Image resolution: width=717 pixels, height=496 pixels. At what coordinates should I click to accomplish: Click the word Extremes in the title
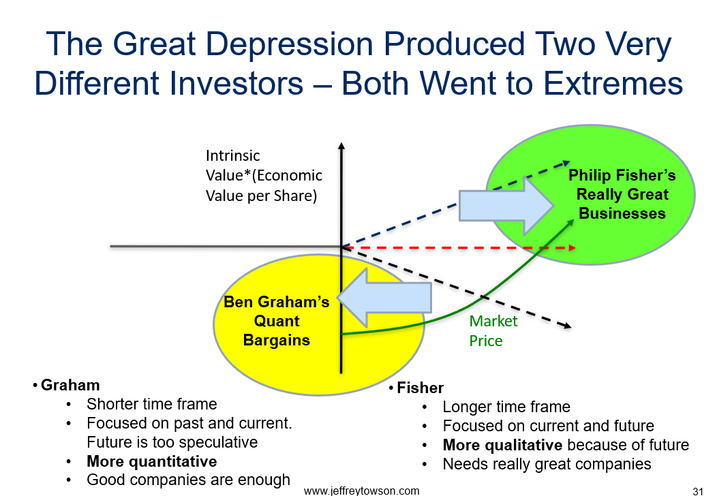pos(613,84)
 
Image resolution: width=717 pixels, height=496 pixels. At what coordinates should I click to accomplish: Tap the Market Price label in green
pos(493,331)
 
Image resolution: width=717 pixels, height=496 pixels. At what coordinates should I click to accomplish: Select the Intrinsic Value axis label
pos(264,176)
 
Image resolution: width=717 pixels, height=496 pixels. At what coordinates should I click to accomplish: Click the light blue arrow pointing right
pos(506,206)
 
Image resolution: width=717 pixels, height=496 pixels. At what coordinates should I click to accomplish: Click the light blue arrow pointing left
pos(384,298)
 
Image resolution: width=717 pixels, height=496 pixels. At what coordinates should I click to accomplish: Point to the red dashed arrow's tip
pos(575,248)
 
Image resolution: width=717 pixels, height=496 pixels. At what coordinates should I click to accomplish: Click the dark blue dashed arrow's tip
pos(570,161)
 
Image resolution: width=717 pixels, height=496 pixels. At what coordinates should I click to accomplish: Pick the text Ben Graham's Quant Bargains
pos(276,321)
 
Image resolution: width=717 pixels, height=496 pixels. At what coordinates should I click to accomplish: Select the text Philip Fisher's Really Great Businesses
pos(622,194)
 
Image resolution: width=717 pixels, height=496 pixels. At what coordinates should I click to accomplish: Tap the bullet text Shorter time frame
pos(152,404)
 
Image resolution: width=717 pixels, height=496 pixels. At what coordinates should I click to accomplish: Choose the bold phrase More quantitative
pos(152,461)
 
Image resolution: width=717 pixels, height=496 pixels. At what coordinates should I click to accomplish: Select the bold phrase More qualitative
pos(502,445)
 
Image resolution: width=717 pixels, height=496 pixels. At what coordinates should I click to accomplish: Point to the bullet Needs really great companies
pos(547,464)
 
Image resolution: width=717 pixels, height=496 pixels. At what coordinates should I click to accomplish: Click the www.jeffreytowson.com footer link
pos(361,491)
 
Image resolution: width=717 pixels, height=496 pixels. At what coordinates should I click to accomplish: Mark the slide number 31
pos(698,491)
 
